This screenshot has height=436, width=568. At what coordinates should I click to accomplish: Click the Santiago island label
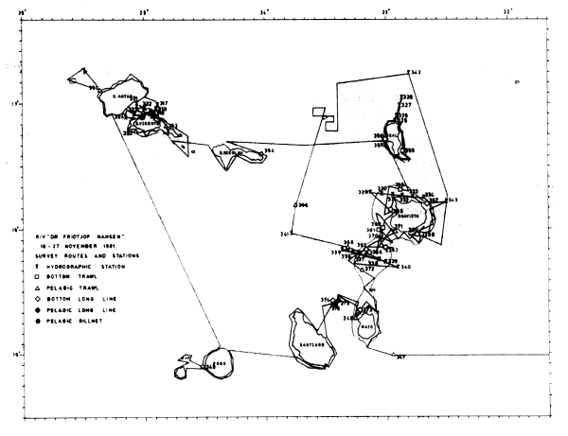coord(313,345)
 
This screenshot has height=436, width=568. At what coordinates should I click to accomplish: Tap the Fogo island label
coord(221,362)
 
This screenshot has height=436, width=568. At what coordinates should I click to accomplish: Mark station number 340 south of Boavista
coord(406,269)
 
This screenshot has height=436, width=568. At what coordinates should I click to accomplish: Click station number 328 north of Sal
coord(406,97)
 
